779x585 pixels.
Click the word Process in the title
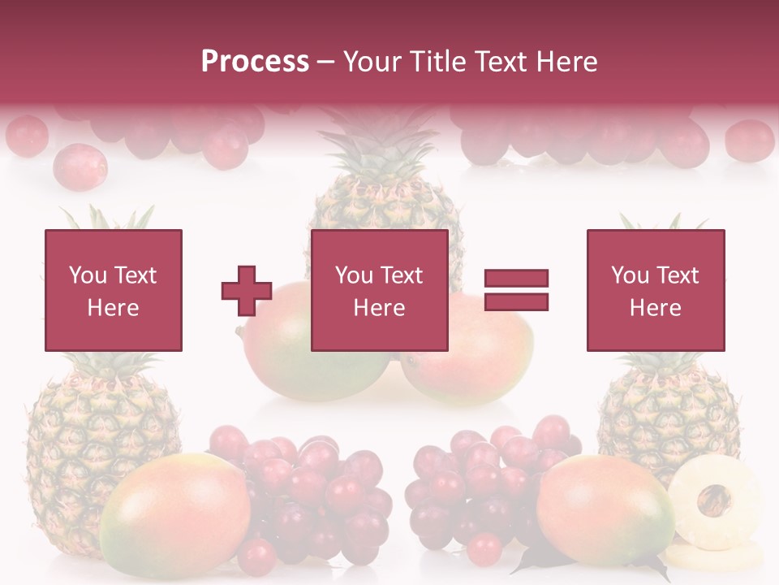coord(255,61)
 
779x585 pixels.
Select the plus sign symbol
coord(247,290)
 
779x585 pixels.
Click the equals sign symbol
coord(516,290)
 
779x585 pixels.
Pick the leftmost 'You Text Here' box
coord(113,290)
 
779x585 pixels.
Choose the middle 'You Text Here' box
coord(379,290)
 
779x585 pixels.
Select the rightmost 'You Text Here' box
coord(656,290)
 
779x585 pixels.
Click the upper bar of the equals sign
coord(516,278)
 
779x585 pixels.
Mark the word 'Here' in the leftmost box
coord(113,307)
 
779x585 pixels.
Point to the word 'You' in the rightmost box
coord(629,275)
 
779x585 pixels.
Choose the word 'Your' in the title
coord(372,61)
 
